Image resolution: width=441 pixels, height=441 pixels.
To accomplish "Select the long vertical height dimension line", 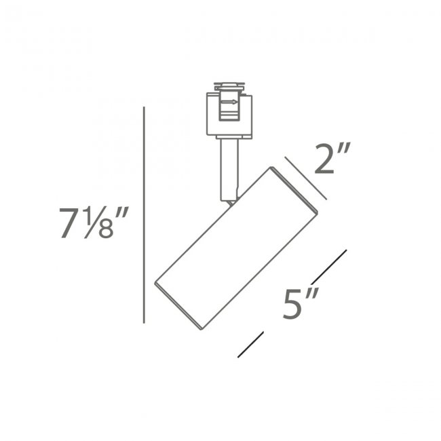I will pos(145,217).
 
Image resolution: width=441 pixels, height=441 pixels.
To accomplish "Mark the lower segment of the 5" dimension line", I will pos(250,344).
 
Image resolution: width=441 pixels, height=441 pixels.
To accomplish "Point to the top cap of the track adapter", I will pos(229,86).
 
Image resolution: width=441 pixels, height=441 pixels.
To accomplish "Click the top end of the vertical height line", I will pos(145,109).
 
